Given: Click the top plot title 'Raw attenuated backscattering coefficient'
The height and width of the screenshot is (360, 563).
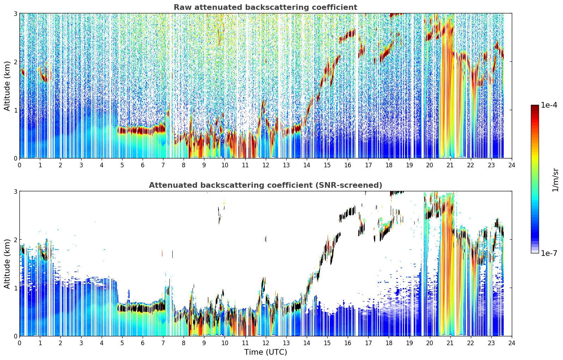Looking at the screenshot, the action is (x=265, y=7).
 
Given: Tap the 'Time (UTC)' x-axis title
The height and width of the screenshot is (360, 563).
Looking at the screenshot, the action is (x=265, y=352).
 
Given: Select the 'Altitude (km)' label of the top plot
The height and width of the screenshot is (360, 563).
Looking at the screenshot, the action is (x=7, y=86).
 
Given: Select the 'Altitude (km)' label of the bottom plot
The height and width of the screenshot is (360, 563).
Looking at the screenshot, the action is (x=7, y=264).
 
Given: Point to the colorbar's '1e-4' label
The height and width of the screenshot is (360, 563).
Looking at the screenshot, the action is (x=549, y=105).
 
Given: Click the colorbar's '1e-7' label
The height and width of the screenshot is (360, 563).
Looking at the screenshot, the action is (x=549, y=253).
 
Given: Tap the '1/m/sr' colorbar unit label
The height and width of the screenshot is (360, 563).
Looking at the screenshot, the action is (x=555, y=180).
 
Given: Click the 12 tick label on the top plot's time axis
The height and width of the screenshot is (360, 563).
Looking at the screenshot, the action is (x=266, y=165).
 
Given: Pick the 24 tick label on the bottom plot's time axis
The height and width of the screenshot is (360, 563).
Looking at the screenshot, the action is (x=512, y=343).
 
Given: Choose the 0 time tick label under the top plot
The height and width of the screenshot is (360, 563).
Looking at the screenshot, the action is (x=20, y=165).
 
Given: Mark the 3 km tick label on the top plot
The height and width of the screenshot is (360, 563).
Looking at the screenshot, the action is (x=15, y=13).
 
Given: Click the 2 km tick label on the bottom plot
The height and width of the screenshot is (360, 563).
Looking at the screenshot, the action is (x=15, y=240).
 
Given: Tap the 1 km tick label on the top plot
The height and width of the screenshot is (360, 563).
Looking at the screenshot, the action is (x=15, y=110).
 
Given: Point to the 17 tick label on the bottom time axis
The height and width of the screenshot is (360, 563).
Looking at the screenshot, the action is (x=368, y=343).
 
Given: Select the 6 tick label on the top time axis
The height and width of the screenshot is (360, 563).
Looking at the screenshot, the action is (x=143, y=165).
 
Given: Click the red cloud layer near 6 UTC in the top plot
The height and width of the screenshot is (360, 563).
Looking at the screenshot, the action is (x=142, y=130).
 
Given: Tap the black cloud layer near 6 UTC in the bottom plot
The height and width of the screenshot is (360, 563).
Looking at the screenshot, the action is (x=142, y=308).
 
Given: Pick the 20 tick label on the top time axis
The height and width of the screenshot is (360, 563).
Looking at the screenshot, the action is (x=430, y=165).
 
